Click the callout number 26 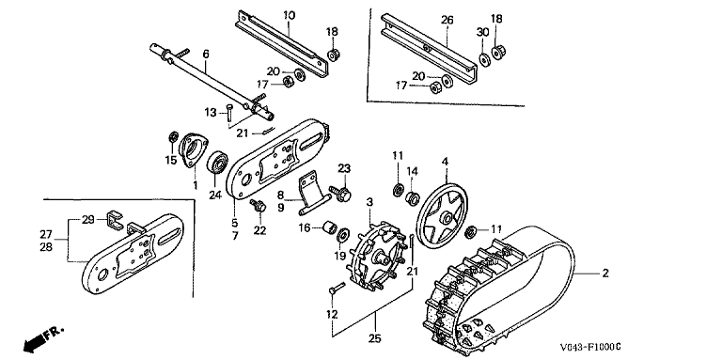[447, 21]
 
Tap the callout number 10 [289, 15]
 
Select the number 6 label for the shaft [206, 55]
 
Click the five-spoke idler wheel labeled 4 [442, 210]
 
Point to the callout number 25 [375, 338]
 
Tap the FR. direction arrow [43, 338]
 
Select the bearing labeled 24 [217, 164]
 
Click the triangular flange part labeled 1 [193, 150]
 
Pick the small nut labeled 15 [174, 136]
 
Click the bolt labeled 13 [229, 113]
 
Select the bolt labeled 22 [259, 206]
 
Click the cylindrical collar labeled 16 [331, 227]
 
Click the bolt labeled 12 [337, 288]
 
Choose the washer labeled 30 [483, 60]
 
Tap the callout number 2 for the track [605, 274]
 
